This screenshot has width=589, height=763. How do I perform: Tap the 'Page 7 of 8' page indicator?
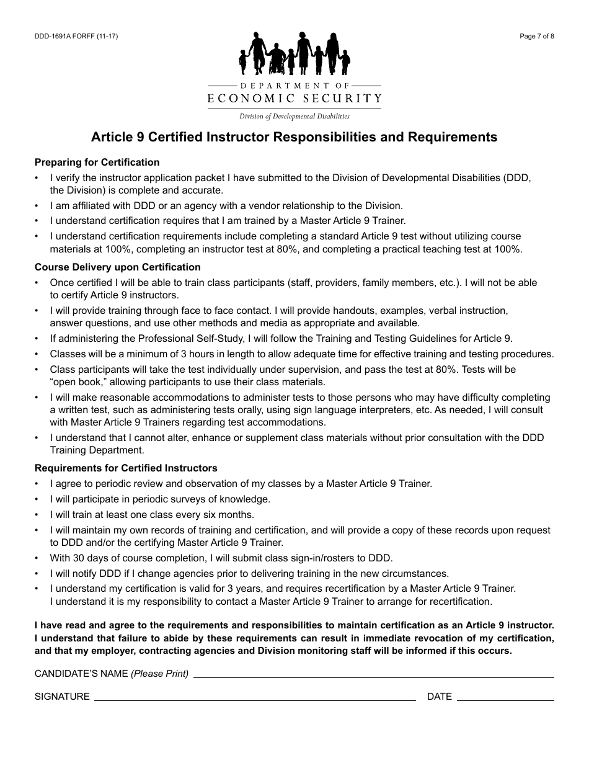pos(537,36)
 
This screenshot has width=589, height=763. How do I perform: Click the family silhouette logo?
pos(294,55)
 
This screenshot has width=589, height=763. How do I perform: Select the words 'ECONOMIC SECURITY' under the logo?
pos(294,98)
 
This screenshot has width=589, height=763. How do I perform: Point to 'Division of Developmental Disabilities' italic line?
pos(294,116)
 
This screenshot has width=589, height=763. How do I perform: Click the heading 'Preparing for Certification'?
pos(97,163)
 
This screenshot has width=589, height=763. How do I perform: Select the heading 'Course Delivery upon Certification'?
pos(118,267)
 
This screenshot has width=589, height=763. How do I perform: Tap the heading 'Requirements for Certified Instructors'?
pos(126,468)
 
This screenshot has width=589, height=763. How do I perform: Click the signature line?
pos(254,698)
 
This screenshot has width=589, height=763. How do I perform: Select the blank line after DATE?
pos(505,698)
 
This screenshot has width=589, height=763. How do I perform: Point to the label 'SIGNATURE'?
pos(62,697)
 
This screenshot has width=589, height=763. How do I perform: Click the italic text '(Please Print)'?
pos(160,674)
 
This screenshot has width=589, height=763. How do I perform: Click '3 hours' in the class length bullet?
pos(206,354)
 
